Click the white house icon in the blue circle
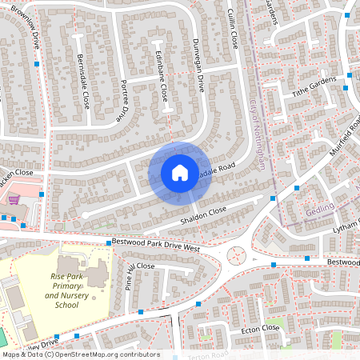click(180, 172)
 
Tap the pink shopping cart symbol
click(14, 200)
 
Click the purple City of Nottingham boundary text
click(258, 131)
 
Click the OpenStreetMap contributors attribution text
click(80, 354)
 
